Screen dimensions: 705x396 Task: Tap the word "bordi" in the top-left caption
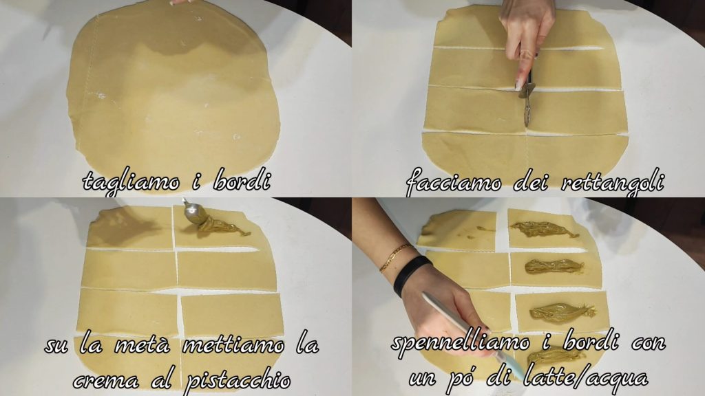pyautogui.click(x=242, y=179)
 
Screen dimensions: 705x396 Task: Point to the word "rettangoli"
pyautogui.click(x=613, y=183)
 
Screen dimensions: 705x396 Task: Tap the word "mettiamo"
pyautogui.click(x=233, y=345)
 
